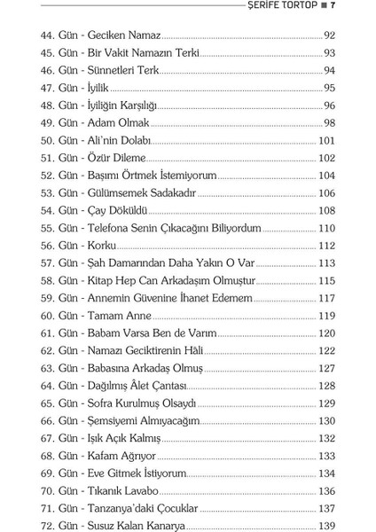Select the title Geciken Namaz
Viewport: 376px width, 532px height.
coord(130,36)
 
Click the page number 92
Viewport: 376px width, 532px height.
coord(327,36)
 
